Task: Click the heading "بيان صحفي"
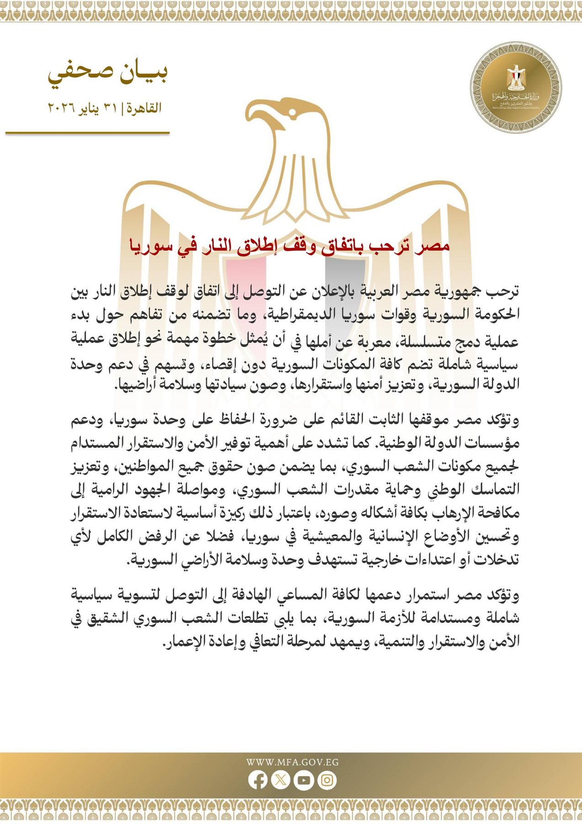[x=108, y=73]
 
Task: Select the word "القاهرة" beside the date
[x=144, y=109]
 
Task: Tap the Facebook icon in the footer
[x=258, y=780]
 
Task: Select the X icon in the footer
[x=281, y=780]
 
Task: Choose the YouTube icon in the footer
[x=304, y=780]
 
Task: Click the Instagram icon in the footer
[x=327, y=780]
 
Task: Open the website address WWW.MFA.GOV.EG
[x=292, y=762]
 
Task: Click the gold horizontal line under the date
[x=87, y=133]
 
